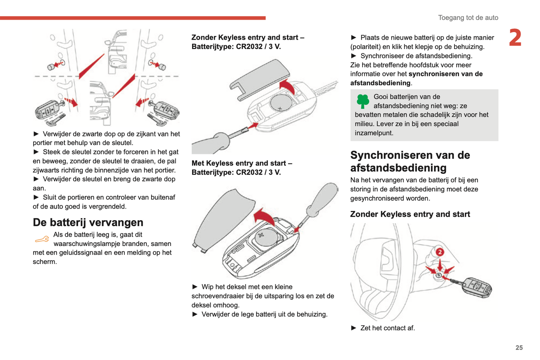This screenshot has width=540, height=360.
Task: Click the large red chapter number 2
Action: click(x=515, y=38)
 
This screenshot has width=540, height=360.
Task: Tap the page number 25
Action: click(x=519, y=348)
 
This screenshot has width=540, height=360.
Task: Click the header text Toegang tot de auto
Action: click(x=468, y=18)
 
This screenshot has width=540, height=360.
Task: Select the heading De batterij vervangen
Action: click(x=88, y=222)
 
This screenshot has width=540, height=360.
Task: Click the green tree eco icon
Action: click(x=362, y=101)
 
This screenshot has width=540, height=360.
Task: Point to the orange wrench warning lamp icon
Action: click(x=42, y=239)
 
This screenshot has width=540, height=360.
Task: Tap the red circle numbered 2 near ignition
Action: click(x=440, y=252)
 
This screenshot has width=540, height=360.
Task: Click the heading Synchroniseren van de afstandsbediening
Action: click(x=410, y=161)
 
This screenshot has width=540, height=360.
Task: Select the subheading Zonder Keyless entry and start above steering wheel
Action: click(x=410, y=214)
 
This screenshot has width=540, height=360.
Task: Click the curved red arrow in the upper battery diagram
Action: click(x=288, y=86)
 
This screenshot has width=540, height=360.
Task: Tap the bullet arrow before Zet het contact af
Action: click(x=354, y=328)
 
